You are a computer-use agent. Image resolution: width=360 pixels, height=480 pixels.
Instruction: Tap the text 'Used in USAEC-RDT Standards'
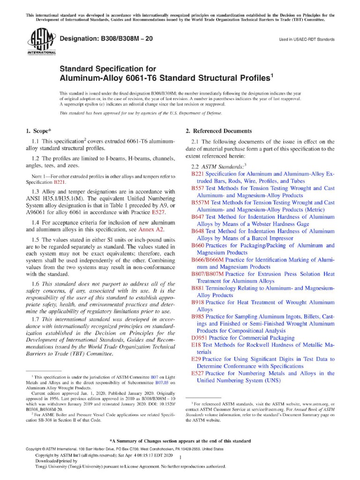[x=307, y=40]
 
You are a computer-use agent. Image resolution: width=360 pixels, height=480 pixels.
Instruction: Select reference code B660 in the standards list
[x=198, y=245]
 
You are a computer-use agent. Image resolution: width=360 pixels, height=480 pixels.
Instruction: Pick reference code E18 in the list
[x=196, y=345]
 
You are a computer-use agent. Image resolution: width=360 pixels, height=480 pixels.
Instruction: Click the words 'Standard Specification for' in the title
[x=101, y=68]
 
